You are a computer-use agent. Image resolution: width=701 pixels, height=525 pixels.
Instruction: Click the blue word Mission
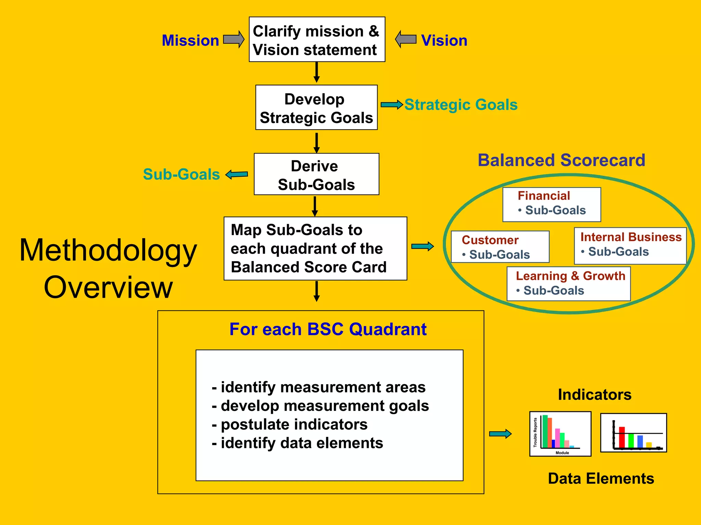coord(190,41)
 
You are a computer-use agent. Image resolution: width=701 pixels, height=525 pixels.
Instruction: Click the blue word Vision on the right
coord(444,41)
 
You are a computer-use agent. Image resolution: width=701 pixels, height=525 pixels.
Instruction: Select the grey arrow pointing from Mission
coord(234,39)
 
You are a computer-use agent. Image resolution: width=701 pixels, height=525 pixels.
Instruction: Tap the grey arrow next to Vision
coord(406,39)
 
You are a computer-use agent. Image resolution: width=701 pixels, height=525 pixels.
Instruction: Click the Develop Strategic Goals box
coord(316,108)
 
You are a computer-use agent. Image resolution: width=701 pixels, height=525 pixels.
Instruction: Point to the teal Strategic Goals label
coord(461,105)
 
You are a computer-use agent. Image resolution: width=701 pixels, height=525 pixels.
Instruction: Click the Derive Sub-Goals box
coord(316,174)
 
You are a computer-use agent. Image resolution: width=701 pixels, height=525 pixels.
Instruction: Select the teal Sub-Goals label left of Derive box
coord(181,174)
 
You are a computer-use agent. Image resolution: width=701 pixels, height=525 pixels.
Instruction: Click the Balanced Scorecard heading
coord(561,160)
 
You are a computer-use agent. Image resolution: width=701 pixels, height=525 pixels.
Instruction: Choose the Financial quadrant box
coord(551,204)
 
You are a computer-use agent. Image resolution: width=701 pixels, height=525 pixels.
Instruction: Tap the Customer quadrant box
coord(500,247)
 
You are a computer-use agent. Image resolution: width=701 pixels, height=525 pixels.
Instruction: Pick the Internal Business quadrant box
coord(630,246)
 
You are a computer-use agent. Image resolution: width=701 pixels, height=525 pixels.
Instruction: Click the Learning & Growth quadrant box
coord(569,284)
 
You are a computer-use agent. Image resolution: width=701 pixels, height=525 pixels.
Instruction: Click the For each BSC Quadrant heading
coord(328,329)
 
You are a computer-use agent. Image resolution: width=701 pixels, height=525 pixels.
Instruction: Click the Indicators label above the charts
coord(595,395)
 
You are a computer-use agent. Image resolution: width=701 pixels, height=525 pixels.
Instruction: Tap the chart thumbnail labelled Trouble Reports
coord(560,434)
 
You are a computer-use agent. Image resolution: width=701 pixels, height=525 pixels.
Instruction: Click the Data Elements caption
coord(601,479)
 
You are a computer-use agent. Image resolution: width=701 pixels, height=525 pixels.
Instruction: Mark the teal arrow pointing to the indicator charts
coord(500,434)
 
